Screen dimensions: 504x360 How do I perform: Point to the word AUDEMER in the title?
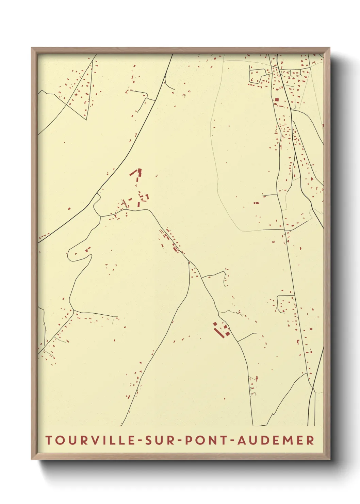click(x=276, y=440)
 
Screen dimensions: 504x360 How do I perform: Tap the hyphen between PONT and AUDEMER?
click(x=232, y=441)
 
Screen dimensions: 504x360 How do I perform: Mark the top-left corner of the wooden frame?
click(x=32, y=48)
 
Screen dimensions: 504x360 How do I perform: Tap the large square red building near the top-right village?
click(x=277, y=99)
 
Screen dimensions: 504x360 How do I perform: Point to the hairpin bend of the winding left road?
click(x=70, y=254)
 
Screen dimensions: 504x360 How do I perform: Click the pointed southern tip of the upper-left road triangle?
click(x=85, y=120)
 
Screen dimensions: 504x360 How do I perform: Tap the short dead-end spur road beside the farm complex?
click(x=247, y=337)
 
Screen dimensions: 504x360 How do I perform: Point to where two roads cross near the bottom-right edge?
click(x=311, y=387)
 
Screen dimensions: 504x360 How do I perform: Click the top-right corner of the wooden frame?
click(x=330, y=48)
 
